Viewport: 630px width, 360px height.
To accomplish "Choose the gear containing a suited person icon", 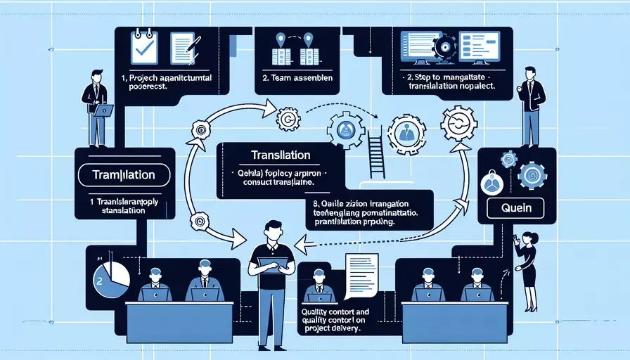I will coord(406,133).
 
